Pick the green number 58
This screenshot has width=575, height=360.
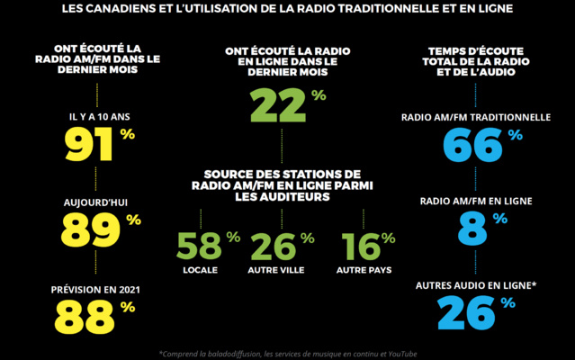[198, 247]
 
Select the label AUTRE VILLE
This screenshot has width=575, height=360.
[275, 270]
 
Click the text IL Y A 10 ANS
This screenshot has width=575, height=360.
[96, 117]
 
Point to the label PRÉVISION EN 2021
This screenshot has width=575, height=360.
[96, 289]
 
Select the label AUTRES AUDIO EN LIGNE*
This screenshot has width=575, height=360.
[475, 285]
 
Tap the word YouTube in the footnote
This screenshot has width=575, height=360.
[400, 353]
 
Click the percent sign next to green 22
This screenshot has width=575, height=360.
[319, 94]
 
